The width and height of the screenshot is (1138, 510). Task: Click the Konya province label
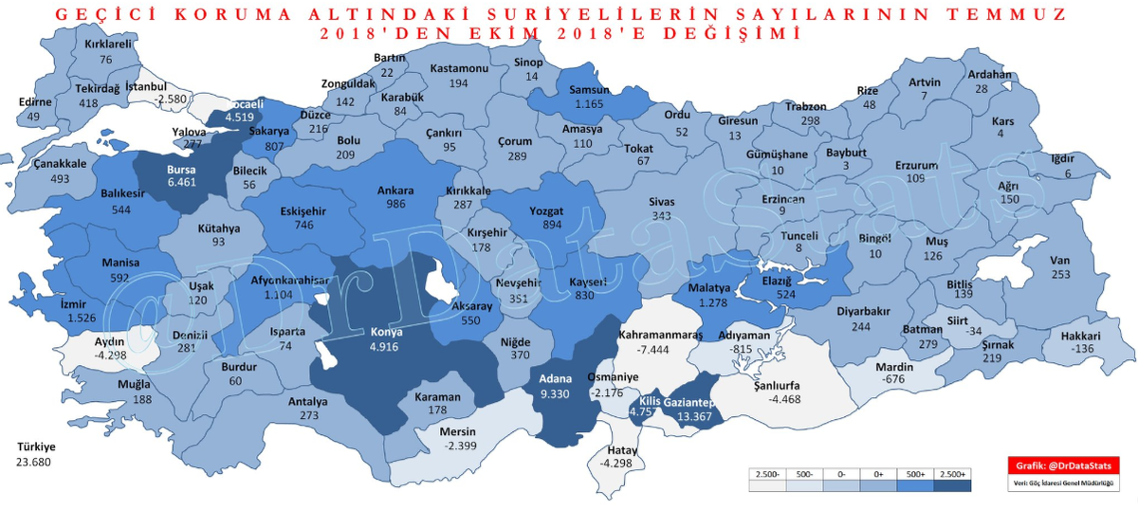tap(386, 333)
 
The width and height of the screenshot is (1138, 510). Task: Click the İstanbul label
tap(146, 86)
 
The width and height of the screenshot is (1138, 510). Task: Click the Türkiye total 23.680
tap(34, 463)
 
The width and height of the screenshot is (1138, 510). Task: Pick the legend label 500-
tap(801, 471)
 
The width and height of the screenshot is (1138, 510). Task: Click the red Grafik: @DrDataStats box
tap(1064, 465)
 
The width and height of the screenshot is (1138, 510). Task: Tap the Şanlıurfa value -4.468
tap(777, 398)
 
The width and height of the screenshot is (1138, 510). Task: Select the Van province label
tap(1059, 262)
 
